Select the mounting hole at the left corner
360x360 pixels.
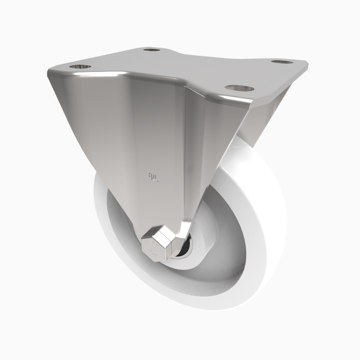(80, 67)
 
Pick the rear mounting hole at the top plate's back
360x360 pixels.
(152, 49)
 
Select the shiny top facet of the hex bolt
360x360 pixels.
(160, 233)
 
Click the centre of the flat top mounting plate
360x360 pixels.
(189, 67)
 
